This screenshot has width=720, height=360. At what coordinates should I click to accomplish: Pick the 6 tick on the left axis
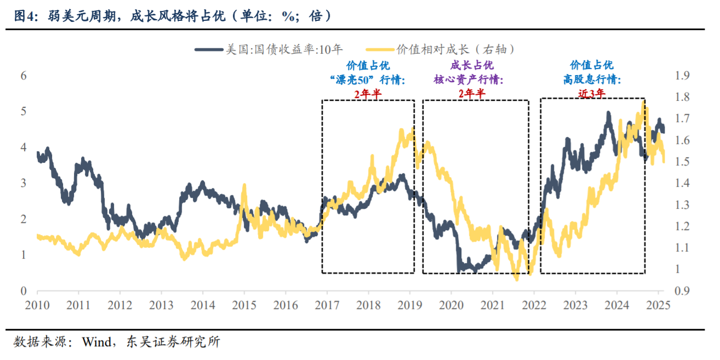click(x=24, y=76)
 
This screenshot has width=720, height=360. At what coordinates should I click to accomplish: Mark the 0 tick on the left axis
click(x=24, y=290)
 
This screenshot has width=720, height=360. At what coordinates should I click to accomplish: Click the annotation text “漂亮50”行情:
click(x=367, y=80)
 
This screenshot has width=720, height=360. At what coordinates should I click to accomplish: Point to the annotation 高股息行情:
click(x=592, y=80)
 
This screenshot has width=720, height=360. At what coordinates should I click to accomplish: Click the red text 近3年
click(x=592, y=93)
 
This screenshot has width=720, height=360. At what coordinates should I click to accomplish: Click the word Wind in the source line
click(x=94, y=342)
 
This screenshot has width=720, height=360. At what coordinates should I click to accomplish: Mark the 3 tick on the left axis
click(x=24, y=183)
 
